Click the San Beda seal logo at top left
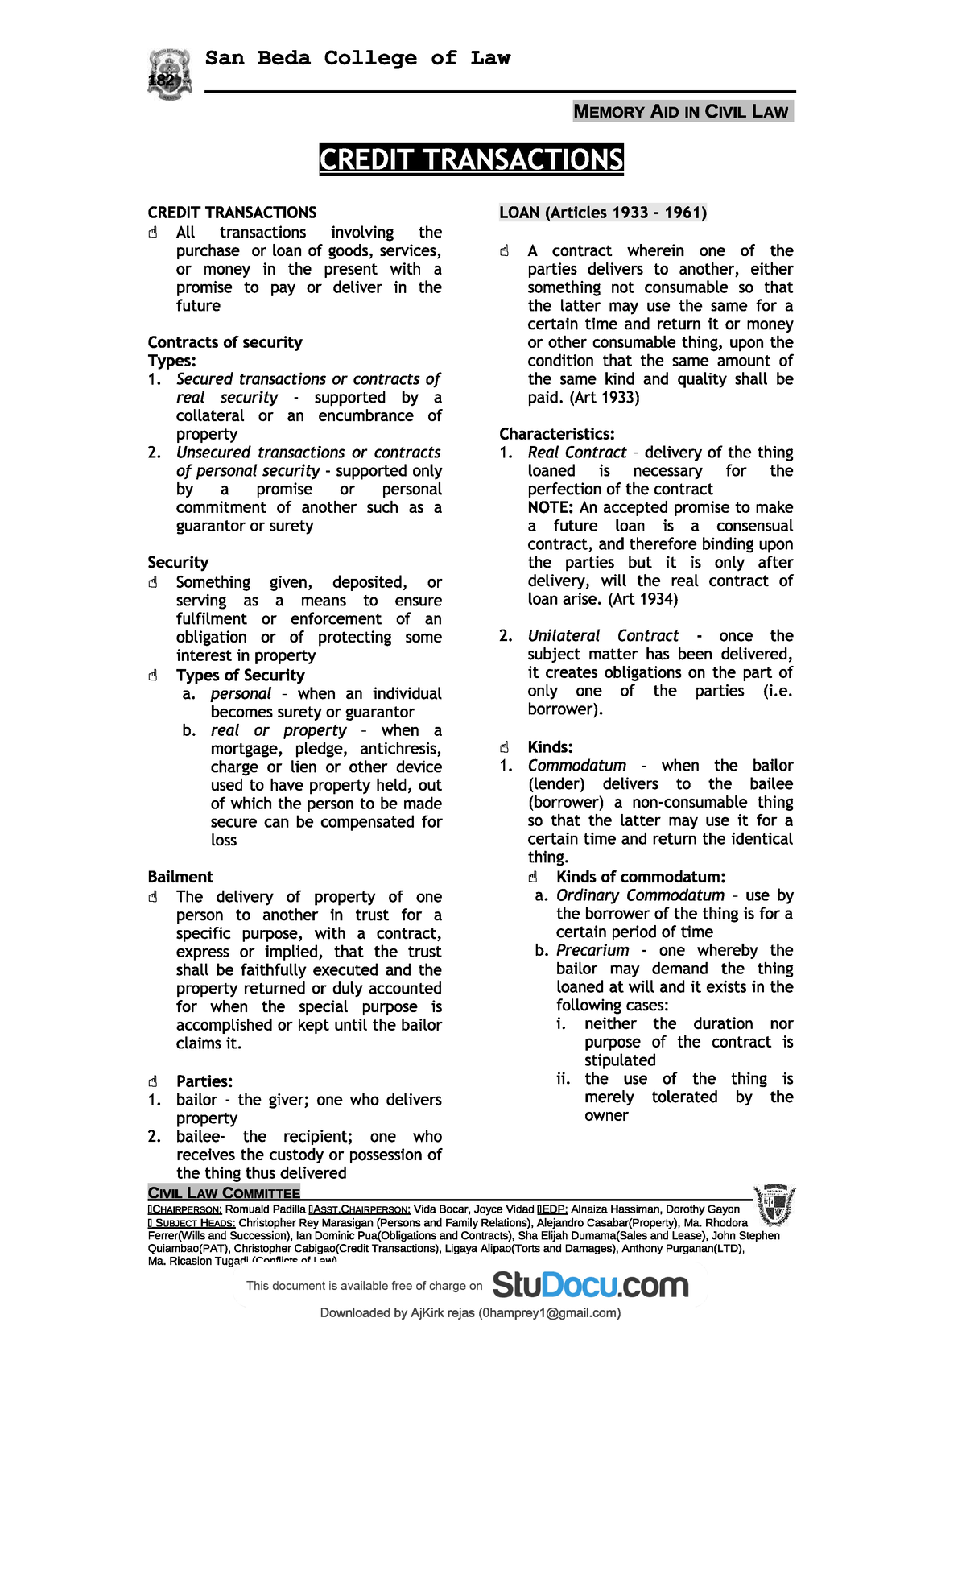click(x=170, y=74)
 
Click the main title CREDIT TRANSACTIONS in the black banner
click(x=471, y=159)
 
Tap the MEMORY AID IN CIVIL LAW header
click(x=683, y=112)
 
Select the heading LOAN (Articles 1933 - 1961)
click(x=603, y=213)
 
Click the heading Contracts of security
click(x=225, y=342)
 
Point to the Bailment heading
click(x=180, y=877)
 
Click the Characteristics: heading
click(x=556, y=434)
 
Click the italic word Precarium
click(x=592, y=950)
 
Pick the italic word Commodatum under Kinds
click(x=576, y=766)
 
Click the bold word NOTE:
click(x=551, y=507)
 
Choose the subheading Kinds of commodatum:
click(x=641, y=877)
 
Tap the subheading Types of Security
click(x=241, y=676)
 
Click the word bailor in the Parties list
click(x=196, y=1100)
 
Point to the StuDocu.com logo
click(x=590, y=1285)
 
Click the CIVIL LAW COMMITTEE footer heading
click(x=224, y=1193)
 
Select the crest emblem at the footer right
click(x=774, y=1205)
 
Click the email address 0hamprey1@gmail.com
click(x=549, y=1313)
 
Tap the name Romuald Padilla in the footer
click(x=265, y=1209)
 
